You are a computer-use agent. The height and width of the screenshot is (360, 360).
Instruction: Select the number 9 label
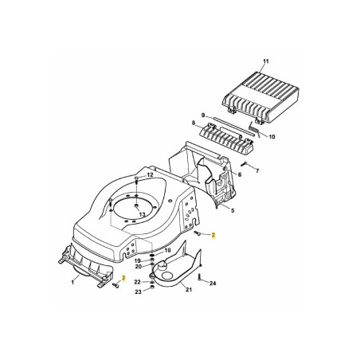[x=203, y=115]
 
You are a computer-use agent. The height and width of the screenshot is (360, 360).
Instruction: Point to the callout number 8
[x=193, y=123]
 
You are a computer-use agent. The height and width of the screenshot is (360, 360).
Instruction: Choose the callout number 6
[x=240, y=174]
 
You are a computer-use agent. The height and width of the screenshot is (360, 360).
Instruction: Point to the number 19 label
[x=138, y=260]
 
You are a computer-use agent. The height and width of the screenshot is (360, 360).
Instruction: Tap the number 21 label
[x=189, y=292]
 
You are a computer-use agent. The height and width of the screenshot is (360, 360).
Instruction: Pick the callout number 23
[x=138, y=292]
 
